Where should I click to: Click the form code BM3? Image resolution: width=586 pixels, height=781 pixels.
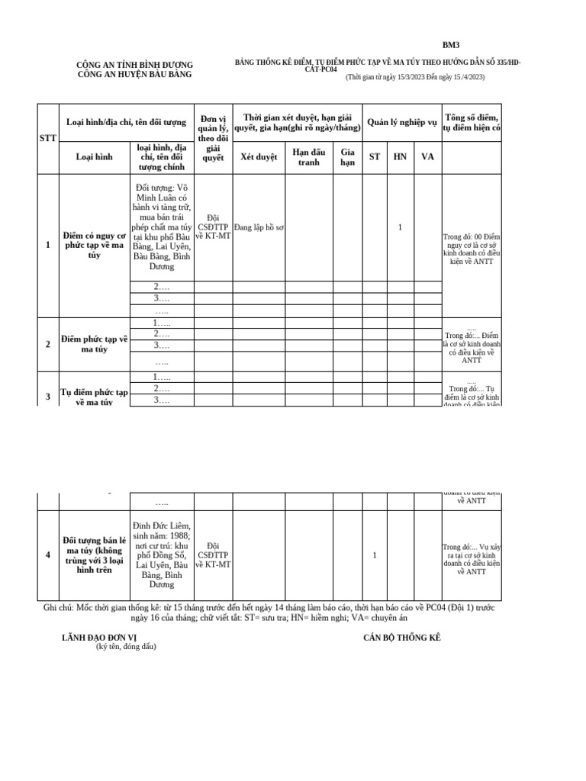coord(452,46)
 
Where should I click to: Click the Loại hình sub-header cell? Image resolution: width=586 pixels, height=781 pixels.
coord(94,156)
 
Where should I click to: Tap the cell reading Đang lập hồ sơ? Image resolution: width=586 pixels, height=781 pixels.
coord(259,227)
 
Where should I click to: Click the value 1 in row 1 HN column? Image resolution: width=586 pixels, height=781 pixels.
coord(401,227)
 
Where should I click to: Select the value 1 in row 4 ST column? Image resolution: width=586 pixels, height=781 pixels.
coord(375,555)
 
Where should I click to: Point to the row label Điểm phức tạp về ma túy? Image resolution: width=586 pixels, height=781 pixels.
coord(94,344)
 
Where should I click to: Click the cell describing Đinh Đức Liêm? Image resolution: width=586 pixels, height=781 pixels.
coord(162,555)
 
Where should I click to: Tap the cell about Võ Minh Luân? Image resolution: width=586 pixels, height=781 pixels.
coord(162,227)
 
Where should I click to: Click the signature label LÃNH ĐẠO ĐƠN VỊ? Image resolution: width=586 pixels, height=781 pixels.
coord(99,637)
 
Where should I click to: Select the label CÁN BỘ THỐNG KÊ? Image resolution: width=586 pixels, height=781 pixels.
coord(402,637)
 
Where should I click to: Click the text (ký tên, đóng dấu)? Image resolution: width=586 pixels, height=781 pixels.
coord(126,647)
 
